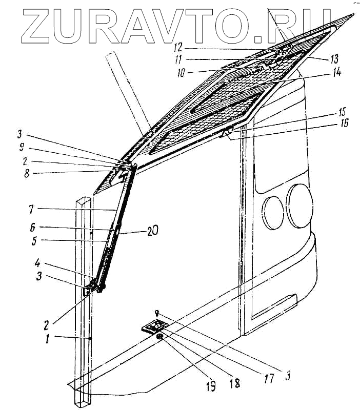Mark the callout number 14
[x=336, y=72]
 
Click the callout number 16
[x=326, y=123]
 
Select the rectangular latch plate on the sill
[x=154, y=326]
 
